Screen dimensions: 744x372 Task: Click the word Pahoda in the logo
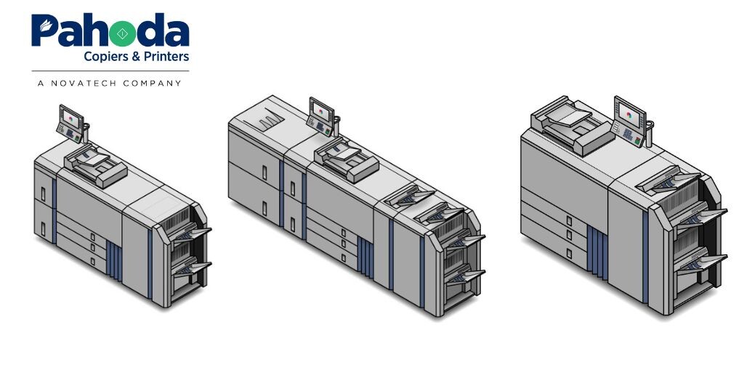110,30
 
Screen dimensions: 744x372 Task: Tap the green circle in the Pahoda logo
122,33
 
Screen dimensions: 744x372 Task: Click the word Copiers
106,57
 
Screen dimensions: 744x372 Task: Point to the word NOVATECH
84,84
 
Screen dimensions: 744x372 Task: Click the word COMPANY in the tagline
152,84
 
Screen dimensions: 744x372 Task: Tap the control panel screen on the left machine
70,117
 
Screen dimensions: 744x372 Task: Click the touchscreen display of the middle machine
320,111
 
